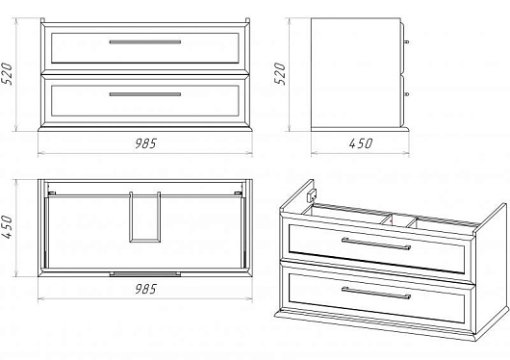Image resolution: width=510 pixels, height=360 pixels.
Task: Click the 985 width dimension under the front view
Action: [x=145, y=143]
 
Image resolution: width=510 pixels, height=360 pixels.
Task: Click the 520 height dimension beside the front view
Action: [x=8, y=74]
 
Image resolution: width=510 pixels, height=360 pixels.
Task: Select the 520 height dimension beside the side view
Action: [x=280, y=74]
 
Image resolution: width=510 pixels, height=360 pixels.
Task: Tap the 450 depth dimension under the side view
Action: [x=361, y=143]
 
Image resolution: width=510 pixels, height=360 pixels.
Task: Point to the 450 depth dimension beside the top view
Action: [x=8, y=226]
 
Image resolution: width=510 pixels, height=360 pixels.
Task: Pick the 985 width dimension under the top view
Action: [x=145, y=289]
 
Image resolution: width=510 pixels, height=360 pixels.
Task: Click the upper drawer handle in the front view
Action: [x=145, y=42]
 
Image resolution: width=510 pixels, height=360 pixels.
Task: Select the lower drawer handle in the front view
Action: [x=145, y=94]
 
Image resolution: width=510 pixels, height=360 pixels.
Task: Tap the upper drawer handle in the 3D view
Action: [x=376, y=244]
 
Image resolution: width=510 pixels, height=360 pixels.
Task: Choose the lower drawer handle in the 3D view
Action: [x=376, y=293]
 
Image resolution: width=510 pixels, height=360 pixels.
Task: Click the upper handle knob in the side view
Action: [x=406, y=42]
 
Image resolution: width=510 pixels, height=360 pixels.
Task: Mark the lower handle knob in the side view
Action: [x=406, y=94]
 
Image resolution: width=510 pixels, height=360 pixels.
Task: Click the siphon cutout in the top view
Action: [x=145, y=218]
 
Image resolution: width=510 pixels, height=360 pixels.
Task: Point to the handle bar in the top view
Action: [x=145, y=274]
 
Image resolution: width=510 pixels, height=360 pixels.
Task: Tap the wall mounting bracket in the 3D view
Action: [x=312, y=195]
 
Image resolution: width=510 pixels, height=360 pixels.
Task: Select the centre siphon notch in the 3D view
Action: [x=399, y=220]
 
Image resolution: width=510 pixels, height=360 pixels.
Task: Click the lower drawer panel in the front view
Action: [x=145, y=100]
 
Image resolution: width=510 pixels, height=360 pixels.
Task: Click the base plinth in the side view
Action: [x=360, y=129]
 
